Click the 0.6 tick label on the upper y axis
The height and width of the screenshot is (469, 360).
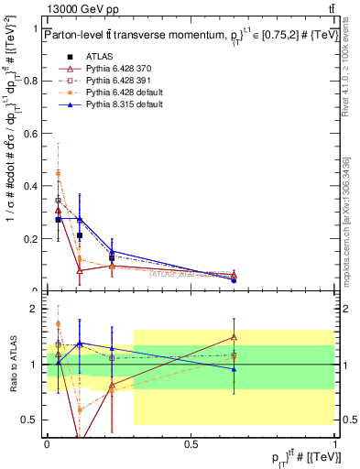(34, 133)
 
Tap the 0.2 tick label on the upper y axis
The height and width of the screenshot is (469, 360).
(34, 238)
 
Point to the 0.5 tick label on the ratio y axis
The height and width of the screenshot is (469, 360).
(34, 420)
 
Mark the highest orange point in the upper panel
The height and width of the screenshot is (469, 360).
(59, 173)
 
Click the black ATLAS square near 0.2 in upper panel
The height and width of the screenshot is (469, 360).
(80, 235)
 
